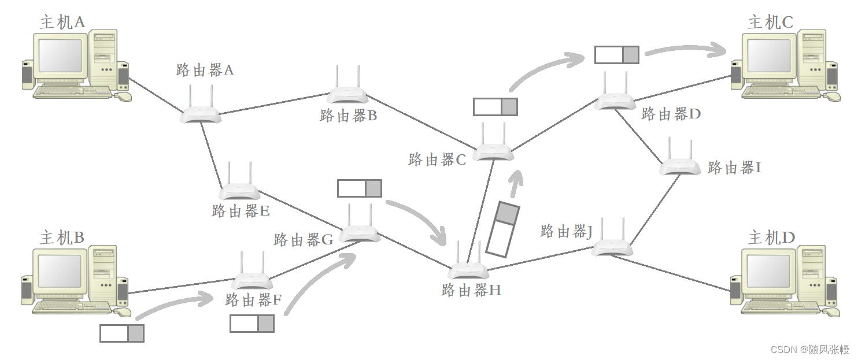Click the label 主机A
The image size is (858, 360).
tap(62, 22)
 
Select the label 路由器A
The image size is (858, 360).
tap(205, 70)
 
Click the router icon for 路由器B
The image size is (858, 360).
tap(347, 93)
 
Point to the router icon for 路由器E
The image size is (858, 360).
tap(239, 190)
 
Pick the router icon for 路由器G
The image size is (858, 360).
tap(359, 232)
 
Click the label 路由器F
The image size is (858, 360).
tap(253, 300)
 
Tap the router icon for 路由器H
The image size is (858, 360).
tap(468, 269)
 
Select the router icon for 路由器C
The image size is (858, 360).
tap(493, 152)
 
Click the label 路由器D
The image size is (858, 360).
tap(671, 114)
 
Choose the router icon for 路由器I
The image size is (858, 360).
tap(680, 166)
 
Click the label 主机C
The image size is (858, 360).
tap(770, 22)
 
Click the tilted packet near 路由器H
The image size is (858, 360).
tap(501, 228)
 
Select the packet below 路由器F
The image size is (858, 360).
tap(252, 323)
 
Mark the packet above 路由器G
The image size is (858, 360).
tap(359, 188)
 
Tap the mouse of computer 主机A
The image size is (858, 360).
tap(123, 96)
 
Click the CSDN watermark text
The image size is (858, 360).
tap(809, 350)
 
